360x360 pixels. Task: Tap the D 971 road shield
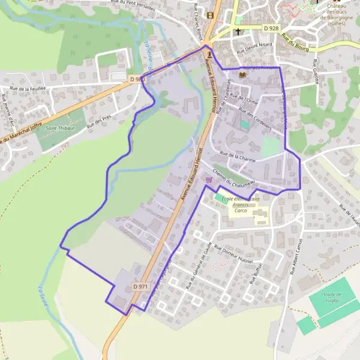coord(140,287)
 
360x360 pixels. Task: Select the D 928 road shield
coord(271,28)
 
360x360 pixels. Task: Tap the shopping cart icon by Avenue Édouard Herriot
coord(209,179)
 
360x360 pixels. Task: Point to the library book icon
coord(242,75)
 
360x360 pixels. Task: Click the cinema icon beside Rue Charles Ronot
coord(209,15)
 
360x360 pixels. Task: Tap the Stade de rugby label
coord(331,298)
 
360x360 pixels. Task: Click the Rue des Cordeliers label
coord(256,118)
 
